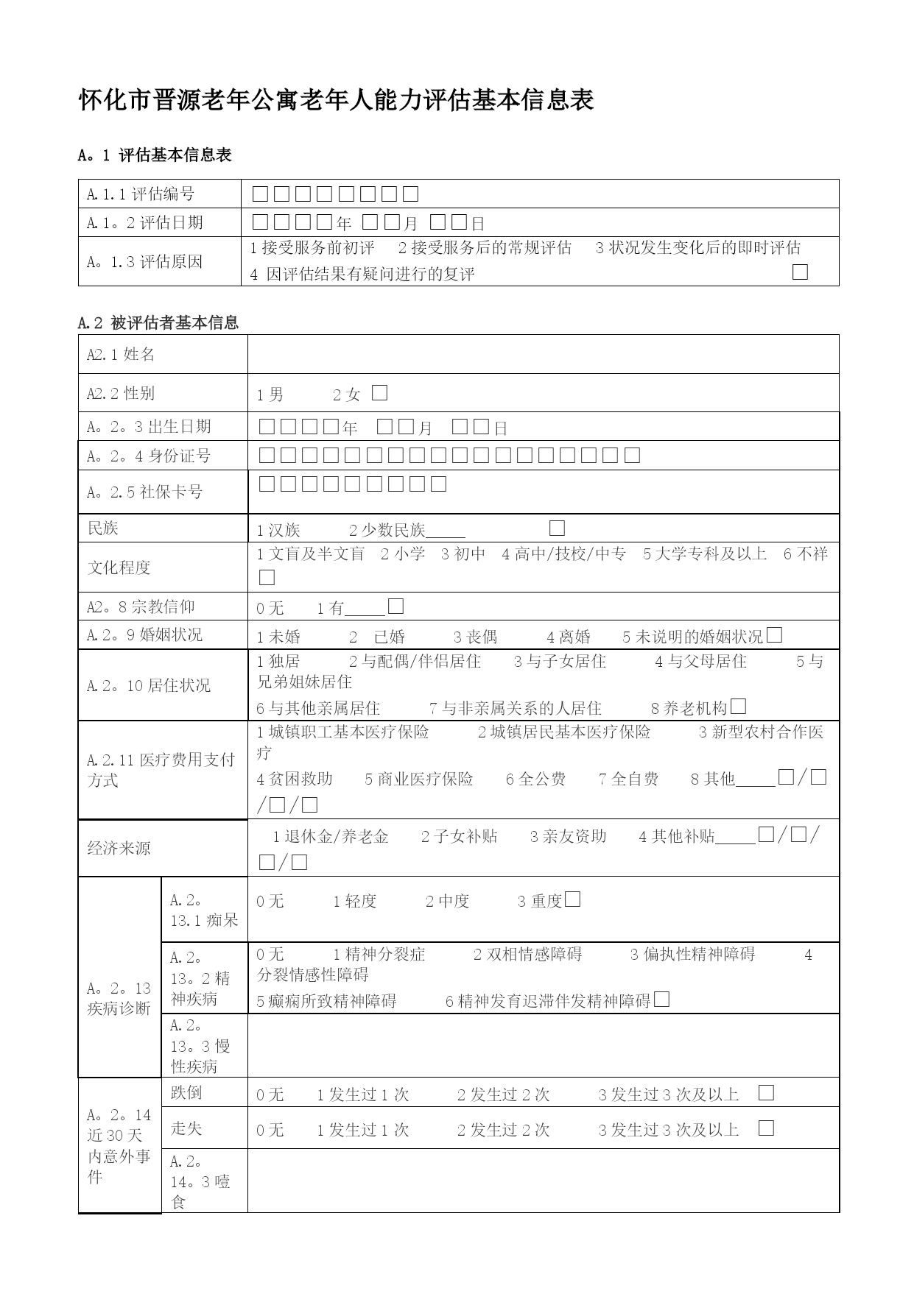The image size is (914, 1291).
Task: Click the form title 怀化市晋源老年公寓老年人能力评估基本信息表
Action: (336, 100)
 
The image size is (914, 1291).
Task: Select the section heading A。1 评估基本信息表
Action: (155, 155)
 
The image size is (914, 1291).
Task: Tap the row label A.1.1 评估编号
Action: (141, 194)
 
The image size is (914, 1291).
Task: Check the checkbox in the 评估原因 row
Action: (800, 272)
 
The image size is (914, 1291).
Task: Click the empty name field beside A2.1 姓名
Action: (543, 354)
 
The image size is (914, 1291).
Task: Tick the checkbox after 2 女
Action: (379, 393)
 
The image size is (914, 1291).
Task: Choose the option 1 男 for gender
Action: (270, 395)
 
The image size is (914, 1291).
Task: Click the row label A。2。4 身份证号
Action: (149, 456)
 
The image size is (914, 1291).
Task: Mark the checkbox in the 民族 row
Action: (557, 528)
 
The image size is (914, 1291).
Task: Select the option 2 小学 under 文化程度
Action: (403, 553)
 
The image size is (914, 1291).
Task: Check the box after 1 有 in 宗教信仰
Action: (396, 606)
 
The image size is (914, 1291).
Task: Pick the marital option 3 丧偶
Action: (475, 637)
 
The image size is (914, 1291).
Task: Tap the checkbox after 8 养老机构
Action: (739, 707)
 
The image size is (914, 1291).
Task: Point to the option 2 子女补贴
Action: (459, 836)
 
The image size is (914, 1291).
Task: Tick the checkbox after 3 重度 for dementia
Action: (572, 899)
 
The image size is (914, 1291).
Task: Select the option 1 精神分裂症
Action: (379, 955)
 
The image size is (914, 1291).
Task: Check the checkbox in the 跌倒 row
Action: (766, 1092)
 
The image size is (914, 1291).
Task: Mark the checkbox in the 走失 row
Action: (766, 1128)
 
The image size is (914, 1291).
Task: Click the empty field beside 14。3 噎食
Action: (543, 1180)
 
